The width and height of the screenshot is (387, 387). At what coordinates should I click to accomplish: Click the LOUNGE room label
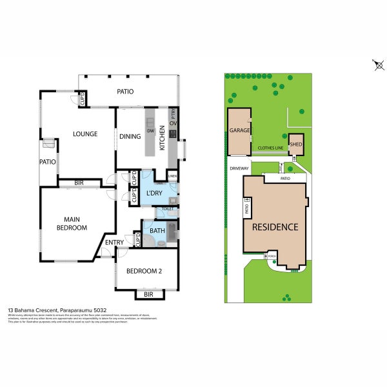point(85,134)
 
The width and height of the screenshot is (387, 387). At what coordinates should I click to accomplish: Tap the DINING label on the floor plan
point(130,136)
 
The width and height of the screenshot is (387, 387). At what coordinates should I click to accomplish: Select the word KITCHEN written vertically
point(163,138)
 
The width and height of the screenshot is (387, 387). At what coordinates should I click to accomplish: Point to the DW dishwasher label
point(150,131)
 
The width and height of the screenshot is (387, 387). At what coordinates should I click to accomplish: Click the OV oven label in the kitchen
point(173,123)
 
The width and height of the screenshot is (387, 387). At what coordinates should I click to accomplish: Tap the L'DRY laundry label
point(154,193)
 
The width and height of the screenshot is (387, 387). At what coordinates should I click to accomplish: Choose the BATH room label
point(157,230)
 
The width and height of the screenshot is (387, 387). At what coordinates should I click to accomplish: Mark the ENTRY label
point(115,243)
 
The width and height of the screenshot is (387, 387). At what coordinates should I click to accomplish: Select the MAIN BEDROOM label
point(71,223)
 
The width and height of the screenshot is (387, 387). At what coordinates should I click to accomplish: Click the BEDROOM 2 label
point(143,271)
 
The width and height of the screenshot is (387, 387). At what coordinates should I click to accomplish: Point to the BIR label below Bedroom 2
point(148,294)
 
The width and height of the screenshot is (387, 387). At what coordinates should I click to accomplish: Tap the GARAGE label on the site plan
point(239,130)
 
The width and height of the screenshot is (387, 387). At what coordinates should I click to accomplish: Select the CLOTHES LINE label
point(270,148)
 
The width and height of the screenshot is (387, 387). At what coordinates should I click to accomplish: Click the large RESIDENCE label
point(275,227)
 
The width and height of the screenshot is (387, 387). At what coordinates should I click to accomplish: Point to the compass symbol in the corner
point(379,64)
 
